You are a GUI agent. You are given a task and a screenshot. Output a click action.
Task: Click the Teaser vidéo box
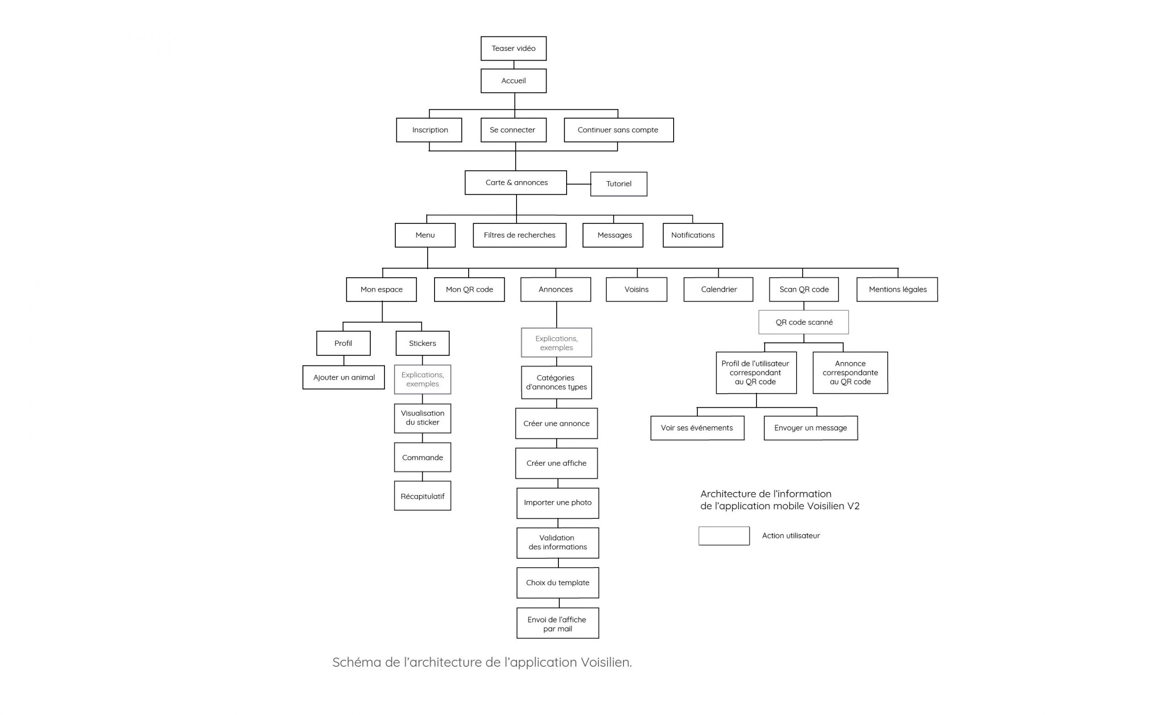[x=513, y=48]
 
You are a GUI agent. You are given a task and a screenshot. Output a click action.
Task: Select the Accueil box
[x=513, y=81]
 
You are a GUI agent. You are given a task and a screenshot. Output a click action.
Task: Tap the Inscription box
[x=429, y=130]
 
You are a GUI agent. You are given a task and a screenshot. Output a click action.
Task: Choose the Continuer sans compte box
[x=619, y=130]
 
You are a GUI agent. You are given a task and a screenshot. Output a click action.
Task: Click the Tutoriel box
[x=619, y=184]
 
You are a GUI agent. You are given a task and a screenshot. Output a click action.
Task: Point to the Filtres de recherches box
[x=520, y=235]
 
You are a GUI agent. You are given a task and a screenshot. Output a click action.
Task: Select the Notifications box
[x=693, y=235]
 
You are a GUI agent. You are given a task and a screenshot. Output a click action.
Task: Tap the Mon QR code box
[x=470, y=289]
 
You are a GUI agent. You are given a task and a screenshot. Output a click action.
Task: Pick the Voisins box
[x=636, y=289]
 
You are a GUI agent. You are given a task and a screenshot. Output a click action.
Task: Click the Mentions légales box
[x=897, y=289]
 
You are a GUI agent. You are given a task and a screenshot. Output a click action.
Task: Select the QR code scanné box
[x=803, y=322]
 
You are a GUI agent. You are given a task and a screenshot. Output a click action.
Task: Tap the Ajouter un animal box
[x=343, y=377]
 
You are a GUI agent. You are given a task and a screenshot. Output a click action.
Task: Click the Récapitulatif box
[x=423, y=496]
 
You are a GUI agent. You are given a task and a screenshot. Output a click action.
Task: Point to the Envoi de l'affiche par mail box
[x=557, y=623]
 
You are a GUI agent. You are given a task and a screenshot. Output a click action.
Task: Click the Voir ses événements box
[x=697, y=428]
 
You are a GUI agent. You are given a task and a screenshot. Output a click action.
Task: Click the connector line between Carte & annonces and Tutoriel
[x=579, y=184]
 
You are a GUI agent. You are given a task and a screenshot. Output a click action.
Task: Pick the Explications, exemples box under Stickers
[x=423, y=379]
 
